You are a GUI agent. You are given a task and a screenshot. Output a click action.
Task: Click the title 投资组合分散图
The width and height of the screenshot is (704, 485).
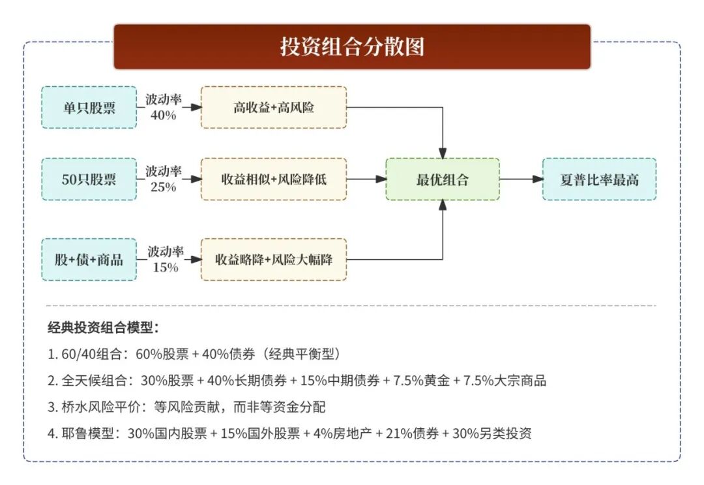tap(352, 47)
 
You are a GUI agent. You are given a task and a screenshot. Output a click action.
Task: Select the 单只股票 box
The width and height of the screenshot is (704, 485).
tap(89, 107)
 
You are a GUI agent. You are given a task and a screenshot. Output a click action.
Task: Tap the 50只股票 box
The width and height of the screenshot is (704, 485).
tap(89, 179)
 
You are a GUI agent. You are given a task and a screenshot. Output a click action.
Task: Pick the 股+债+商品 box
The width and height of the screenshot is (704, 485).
tap(89, 259)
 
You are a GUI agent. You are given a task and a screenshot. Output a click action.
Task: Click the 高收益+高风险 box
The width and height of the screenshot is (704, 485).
tap(274, 107)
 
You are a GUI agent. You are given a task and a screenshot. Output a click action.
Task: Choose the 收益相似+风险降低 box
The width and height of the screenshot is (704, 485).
tap(274, 179)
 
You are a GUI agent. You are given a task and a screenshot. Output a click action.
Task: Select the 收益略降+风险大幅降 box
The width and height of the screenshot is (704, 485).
tap(274, 259)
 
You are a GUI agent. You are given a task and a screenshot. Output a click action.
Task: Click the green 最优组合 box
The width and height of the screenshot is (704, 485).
tap(443, 179)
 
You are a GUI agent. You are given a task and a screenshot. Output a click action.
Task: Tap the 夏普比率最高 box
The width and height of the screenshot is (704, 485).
tap(599, 179)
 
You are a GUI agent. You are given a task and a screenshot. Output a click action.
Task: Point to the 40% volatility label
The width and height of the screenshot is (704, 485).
tap(163, 115)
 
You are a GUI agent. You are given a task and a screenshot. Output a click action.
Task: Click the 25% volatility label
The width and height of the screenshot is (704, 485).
tap(163, 187)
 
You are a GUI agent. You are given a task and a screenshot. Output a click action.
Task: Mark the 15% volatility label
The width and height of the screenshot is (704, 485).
tap(165, 267)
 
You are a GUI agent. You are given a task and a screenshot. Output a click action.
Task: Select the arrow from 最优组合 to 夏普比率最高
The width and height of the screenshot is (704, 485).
tap(521, 179)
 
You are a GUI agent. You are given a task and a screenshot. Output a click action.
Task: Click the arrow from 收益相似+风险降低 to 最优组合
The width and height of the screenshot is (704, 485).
tap(366, 179)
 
